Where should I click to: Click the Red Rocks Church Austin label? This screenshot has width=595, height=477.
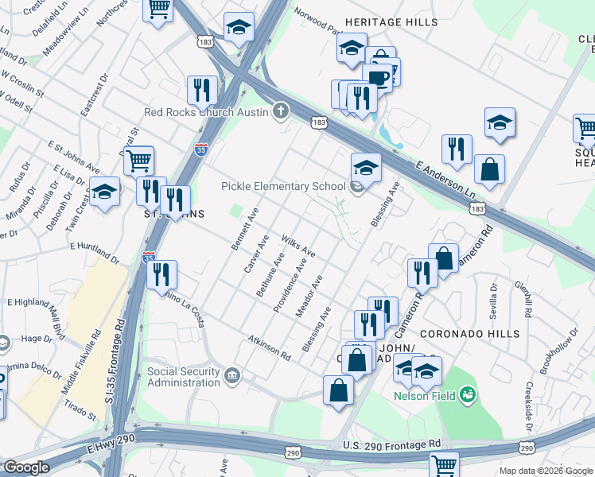pyautogui.click(x=206, y=111)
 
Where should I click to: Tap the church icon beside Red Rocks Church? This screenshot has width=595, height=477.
pyautogui.click(x=280, y=111)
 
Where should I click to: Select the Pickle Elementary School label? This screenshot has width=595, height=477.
pyautogui.click(x=283, y=187)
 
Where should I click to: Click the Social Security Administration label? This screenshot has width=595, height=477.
pyautogui.click(x=183, y=377)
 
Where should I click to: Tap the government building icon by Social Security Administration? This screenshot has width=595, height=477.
pyautogui.click(x=232, y=374)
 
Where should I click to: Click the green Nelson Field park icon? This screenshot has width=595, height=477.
pyautogui.click(x=468, y=394)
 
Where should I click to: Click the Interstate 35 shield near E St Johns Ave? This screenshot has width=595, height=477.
pyautogui.click(x=201, y=149)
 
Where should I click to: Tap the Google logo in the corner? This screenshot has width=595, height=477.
pyautogui.click(x=26, y=467)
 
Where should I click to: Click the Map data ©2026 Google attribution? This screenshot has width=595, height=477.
pyautogui.click(x=546, y=471)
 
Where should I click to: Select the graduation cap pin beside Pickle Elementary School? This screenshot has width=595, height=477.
pyautogui.click(x=366, y=167)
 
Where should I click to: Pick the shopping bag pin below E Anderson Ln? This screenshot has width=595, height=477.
pyautogui.click(x=489, y=169)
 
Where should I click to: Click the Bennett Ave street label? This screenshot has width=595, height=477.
pyautogui.click(x=245, y=230)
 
